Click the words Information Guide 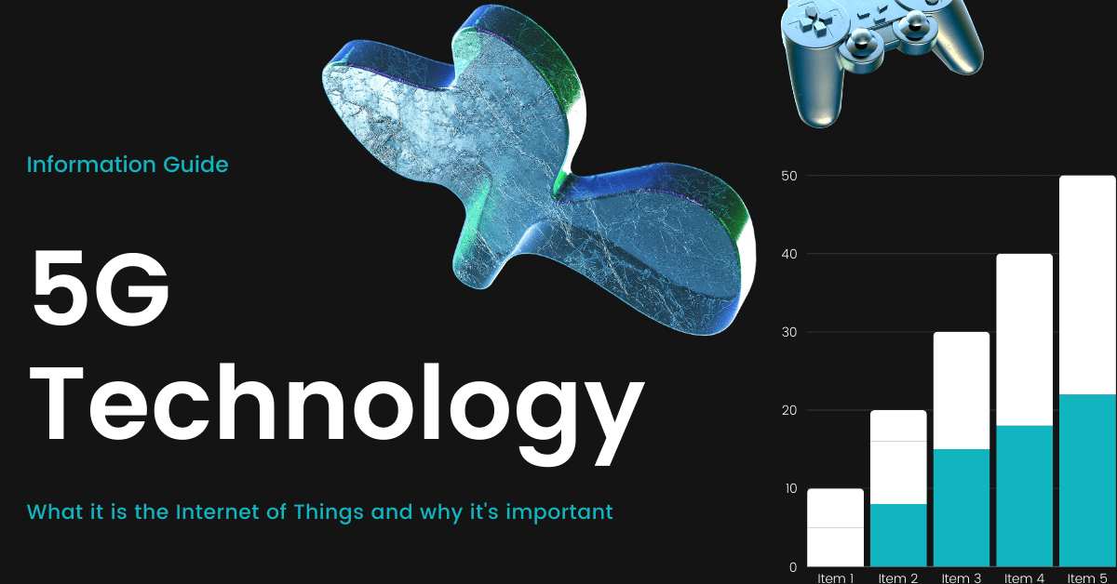[128, 165]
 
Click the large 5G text [101, 288]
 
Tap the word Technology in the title [337, 414]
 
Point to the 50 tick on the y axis [789, 176]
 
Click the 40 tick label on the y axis [789, 254]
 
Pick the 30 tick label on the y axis [789, 332]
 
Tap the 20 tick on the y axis [789, 410]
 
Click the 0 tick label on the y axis [793, 567]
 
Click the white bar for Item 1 [835, 527]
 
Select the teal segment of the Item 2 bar [898, 535]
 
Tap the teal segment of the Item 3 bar [962, 508]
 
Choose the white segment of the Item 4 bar [1025, 339]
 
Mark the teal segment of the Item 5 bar [1087, 481]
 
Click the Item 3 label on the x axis [962, 578]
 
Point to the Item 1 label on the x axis [835, 578]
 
